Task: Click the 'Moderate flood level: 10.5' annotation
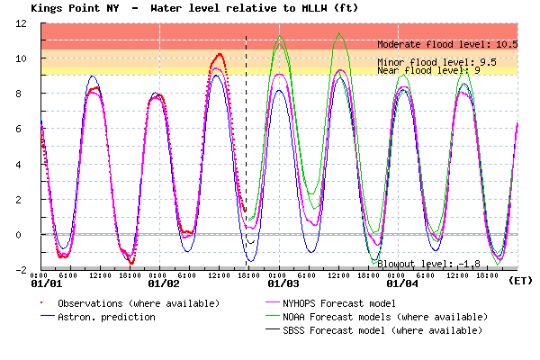pos(447,44)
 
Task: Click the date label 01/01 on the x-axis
pos(44,284)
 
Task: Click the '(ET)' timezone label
pos(520,281)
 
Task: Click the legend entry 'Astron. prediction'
pos(106,317)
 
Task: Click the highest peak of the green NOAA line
pos(338,33)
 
